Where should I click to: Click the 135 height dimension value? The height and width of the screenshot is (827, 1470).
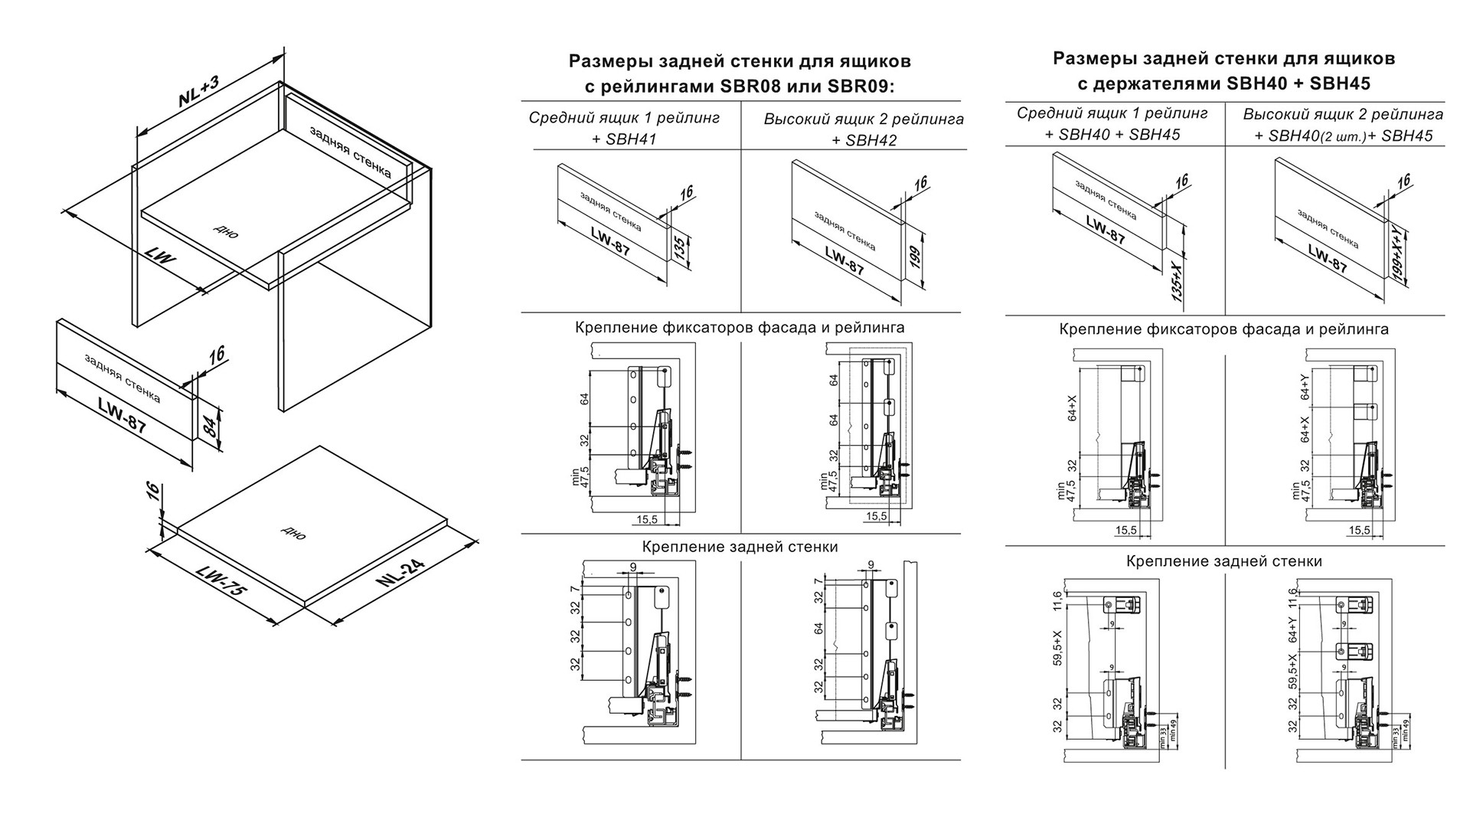tap(679, 250)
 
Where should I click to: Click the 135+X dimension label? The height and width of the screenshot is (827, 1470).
tap(1178, 281)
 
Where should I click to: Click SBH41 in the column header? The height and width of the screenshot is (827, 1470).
tap(631, 139)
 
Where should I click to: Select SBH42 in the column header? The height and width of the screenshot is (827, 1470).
tap(871, 140)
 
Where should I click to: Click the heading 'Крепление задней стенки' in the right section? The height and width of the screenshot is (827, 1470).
tap(1223, 561)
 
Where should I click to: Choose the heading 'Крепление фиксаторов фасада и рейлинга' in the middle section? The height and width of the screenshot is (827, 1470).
tap(740, 328)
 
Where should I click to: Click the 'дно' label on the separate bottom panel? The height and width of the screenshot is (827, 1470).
tap(294, 532)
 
